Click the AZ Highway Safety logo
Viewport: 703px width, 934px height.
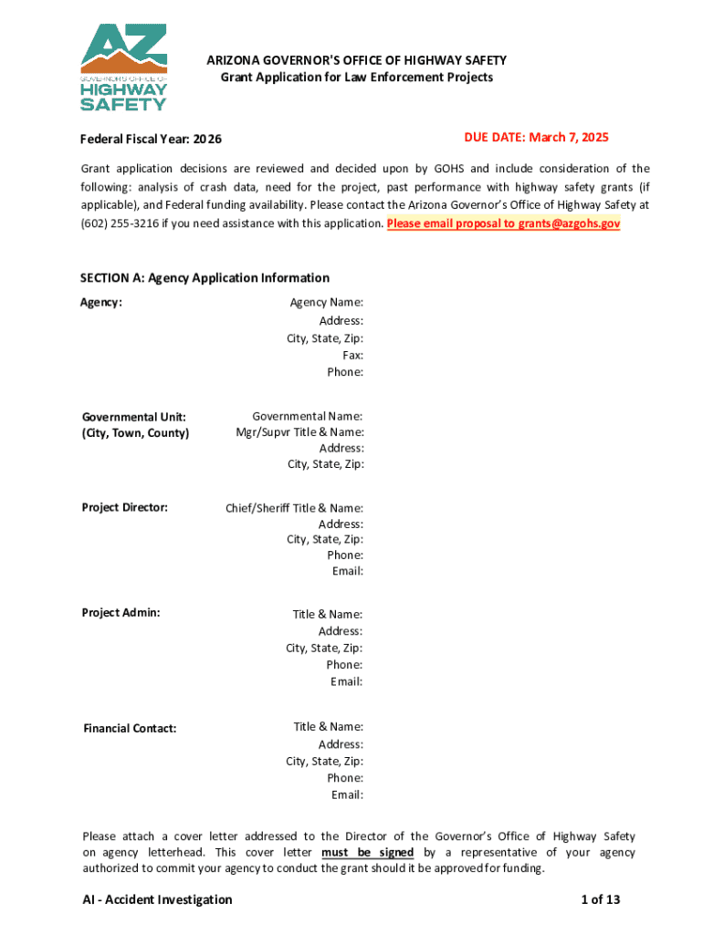pos(124,67)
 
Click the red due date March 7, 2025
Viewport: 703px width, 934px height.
pos(535,138)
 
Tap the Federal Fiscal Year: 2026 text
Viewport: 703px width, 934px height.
pos(151,140)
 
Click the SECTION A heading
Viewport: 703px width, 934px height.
pos(205,278)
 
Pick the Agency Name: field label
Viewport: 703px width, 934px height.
pos(327,303)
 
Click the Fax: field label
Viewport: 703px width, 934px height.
pos(352,355)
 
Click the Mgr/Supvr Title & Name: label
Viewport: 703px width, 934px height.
pos(299,432)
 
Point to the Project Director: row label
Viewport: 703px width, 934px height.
pos(125,507)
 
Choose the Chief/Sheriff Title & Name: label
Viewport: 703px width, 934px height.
pos(294,508)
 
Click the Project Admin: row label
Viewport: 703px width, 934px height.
pos(121,613)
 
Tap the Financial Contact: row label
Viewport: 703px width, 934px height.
pos(130,729)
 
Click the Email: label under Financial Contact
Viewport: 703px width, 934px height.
pos(347,795)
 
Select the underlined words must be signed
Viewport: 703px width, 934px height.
pos(367,853)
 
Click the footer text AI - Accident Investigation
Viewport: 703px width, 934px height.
pos(156,900)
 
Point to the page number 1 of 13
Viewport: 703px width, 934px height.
pos(600,900)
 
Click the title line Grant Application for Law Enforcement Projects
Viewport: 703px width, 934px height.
pos(357,78)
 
